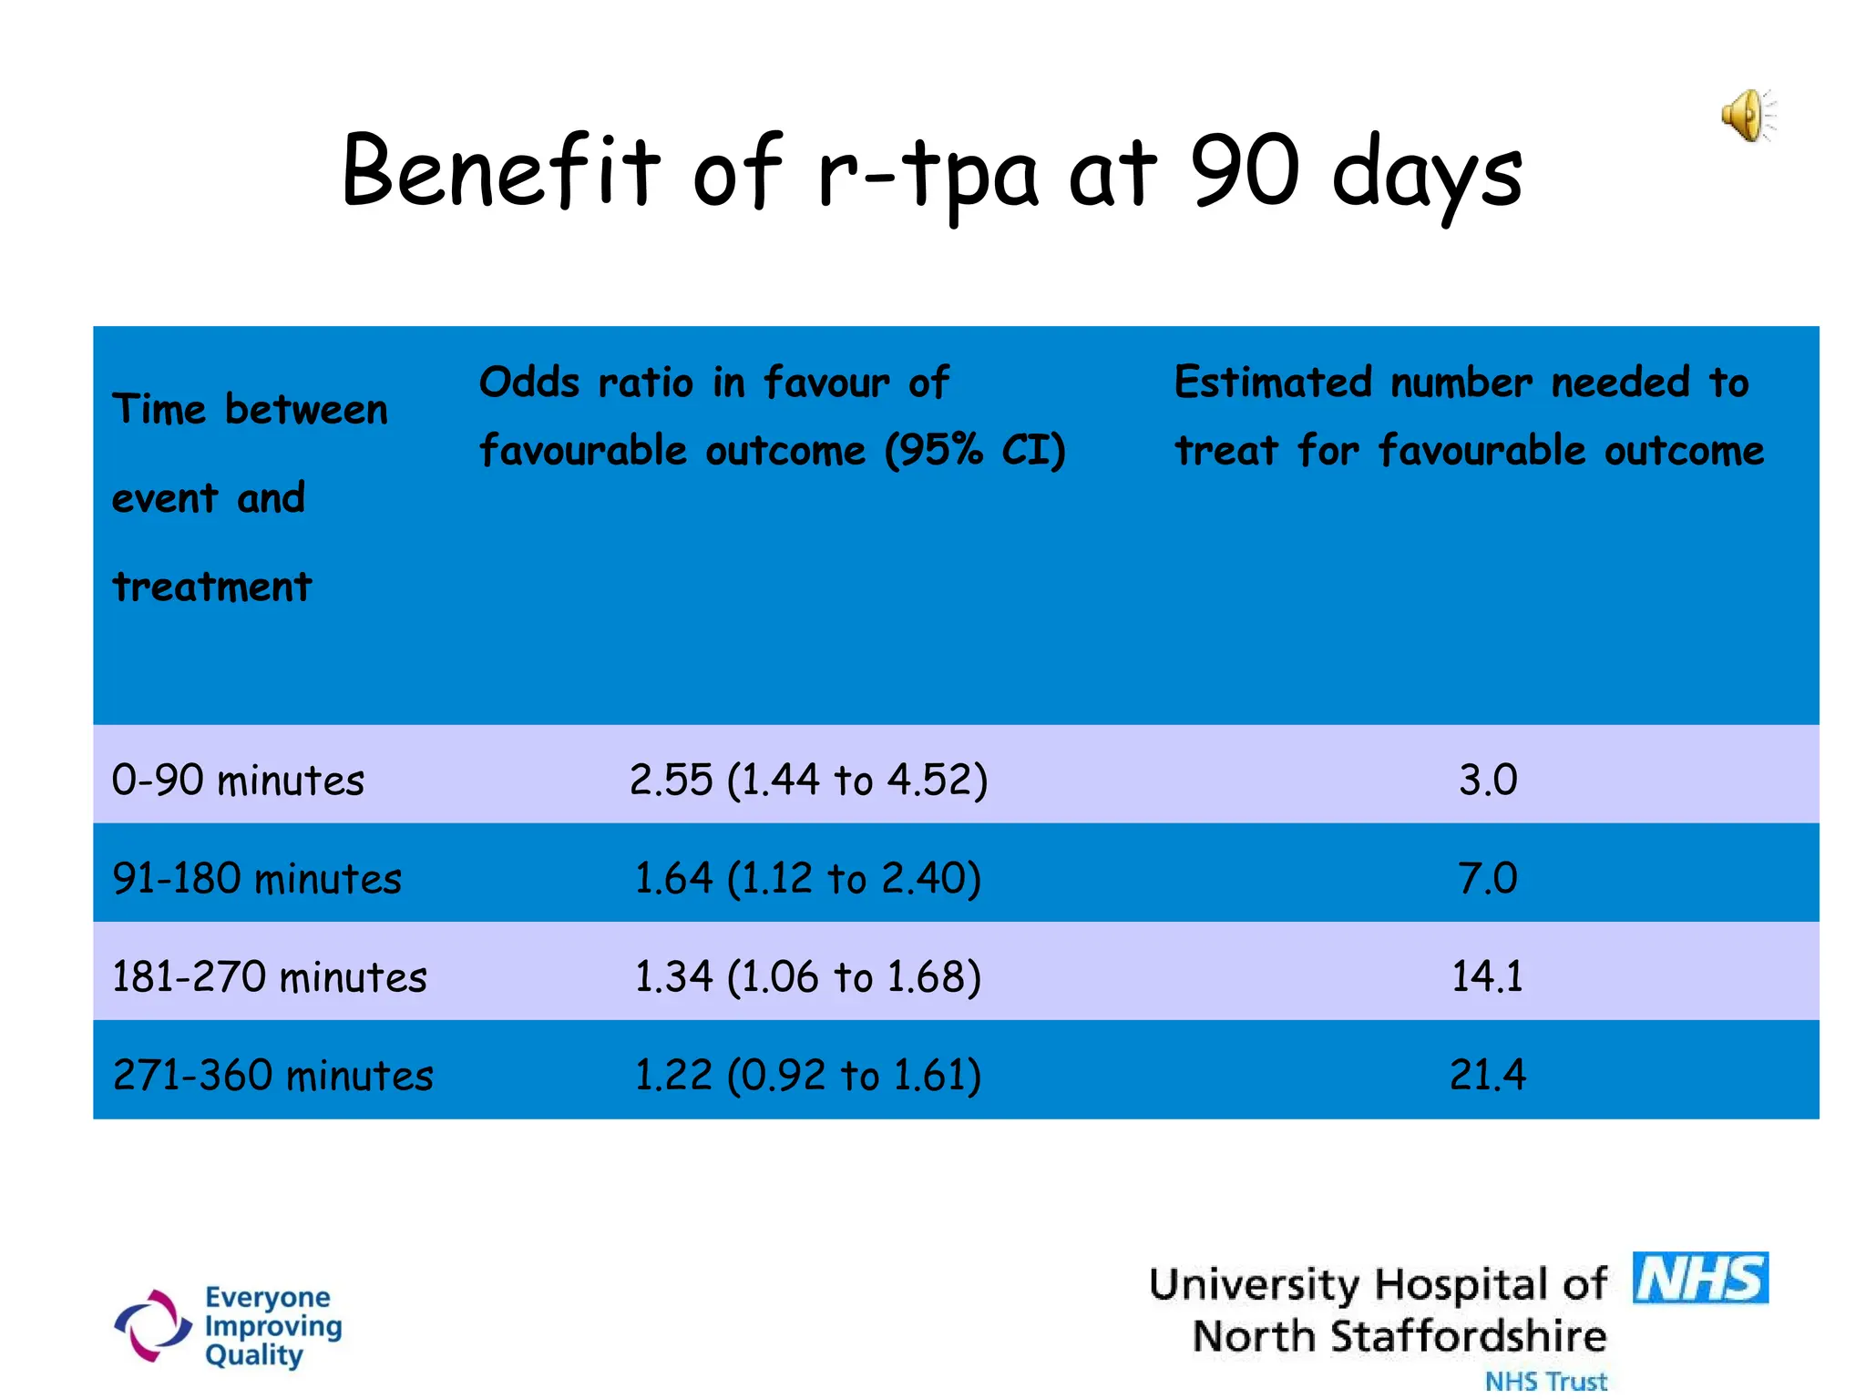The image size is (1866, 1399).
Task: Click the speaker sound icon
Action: coord(1747,117)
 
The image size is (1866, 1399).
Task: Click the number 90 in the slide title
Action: coord(1245,170)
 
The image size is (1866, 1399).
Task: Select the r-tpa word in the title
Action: coord(927,173)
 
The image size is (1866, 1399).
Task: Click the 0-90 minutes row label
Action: coord(238,781)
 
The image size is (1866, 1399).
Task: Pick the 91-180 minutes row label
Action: coord(256,879)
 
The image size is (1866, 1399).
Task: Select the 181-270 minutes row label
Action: coord(269,977)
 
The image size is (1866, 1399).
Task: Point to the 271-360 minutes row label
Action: coord(272,1076)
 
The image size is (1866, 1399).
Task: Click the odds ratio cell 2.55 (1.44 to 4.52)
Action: coord(808,781)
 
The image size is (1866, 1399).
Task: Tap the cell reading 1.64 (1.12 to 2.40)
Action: coord(807,879)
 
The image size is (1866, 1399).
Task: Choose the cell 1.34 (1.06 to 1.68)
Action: coord(807,977)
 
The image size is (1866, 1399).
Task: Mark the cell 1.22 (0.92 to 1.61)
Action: coord(807,1076)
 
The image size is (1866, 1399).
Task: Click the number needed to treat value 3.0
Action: coord(1487,781)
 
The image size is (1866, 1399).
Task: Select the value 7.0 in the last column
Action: coord(1487,879)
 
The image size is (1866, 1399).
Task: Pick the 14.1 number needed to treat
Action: coord(1487,977)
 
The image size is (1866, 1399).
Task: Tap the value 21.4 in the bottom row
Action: coord(1487,1076)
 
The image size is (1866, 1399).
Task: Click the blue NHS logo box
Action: coord(1699,1279)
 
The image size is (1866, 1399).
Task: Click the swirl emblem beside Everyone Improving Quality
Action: coord(152,1326)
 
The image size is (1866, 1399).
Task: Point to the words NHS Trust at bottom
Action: coord(1545,1381)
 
